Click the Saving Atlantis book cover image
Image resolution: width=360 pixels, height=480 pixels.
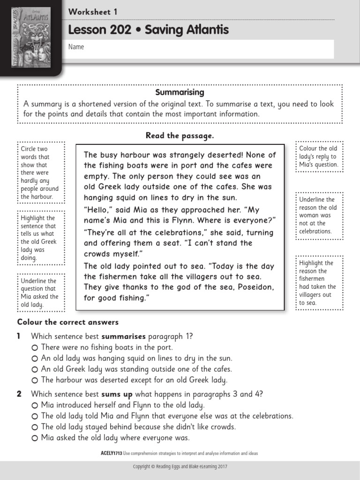click(30, 35)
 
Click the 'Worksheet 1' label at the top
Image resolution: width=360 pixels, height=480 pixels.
click(93, 12)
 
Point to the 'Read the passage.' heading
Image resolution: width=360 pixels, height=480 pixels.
click(180, 135)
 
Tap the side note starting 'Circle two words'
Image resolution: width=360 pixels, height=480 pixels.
click(39, 173)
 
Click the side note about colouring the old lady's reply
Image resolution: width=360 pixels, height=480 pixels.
click(318, 157)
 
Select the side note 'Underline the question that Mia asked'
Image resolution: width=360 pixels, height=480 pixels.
click(39, 292)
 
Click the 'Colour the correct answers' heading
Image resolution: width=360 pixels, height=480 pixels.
click(68, 322)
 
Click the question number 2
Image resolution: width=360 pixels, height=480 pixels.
click(19, 394)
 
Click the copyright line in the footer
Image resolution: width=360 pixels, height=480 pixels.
click(180, 467)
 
